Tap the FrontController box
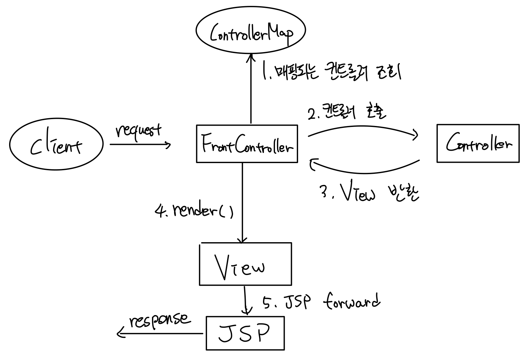pyautogui.click(x=247, y=144)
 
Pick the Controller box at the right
pyautogui.click(x=477, y=144)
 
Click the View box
pyautogui.click(x=245, y=264)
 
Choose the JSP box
pyautogui.click(x=245, y=333)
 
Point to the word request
pyautogui.click(x=138, y=131)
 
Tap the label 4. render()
pyautogui.click(x=194, y=211)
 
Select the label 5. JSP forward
pyautogui.click(x=321, y=302)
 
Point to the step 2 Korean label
pyautogui.click(x=347, y=113)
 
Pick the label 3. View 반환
pyautogui.click(x=369, y=194)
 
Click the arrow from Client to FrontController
pyautogui.click(x=140, y=144)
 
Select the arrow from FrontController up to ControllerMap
pyautogui.click(x=251, y=91)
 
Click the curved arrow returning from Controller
pyautogui.click(x=365, y=171)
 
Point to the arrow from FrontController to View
pyautogui.click(x=242, y=202)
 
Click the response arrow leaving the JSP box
pyautogui.click(x=159, y=333)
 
